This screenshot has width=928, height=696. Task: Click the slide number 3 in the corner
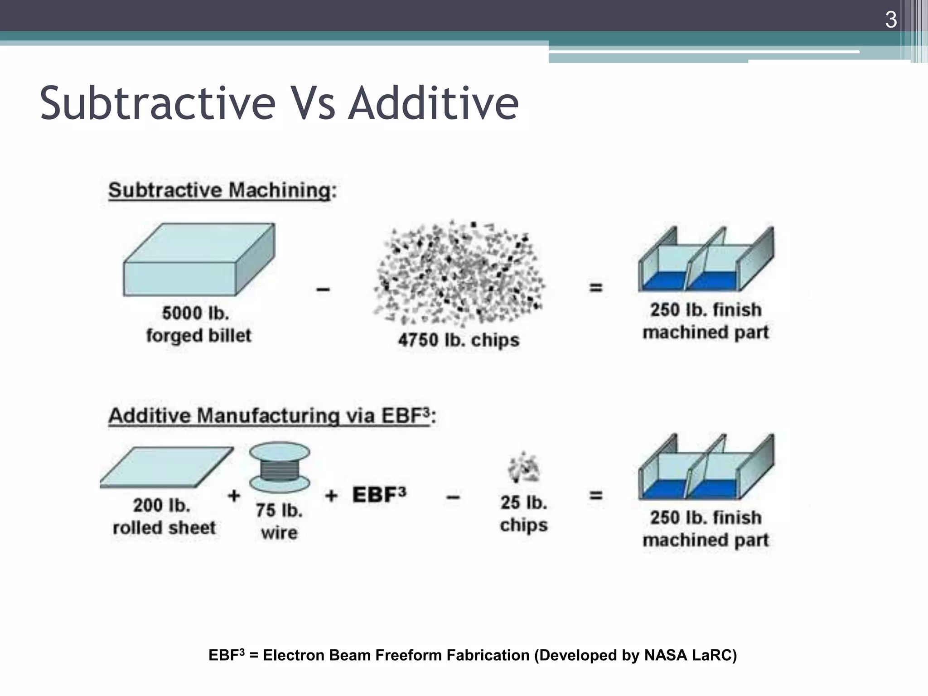890,20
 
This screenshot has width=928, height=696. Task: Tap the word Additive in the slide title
434,104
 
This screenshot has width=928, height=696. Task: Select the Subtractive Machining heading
222,190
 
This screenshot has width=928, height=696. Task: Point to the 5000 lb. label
196,313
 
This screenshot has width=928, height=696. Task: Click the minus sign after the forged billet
323,289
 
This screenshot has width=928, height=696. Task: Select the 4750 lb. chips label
459,340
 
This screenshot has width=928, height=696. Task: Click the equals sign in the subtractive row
596,287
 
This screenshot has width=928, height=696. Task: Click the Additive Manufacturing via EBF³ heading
272,416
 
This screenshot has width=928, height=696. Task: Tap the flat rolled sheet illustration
167,467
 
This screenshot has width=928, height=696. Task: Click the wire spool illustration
280,467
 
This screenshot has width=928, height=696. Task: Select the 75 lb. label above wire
279,510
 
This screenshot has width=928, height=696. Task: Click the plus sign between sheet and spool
234,495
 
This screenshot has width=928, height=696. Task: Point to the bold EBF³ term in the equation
379,494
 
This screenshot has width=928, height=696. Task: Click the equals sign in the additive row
596,495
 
